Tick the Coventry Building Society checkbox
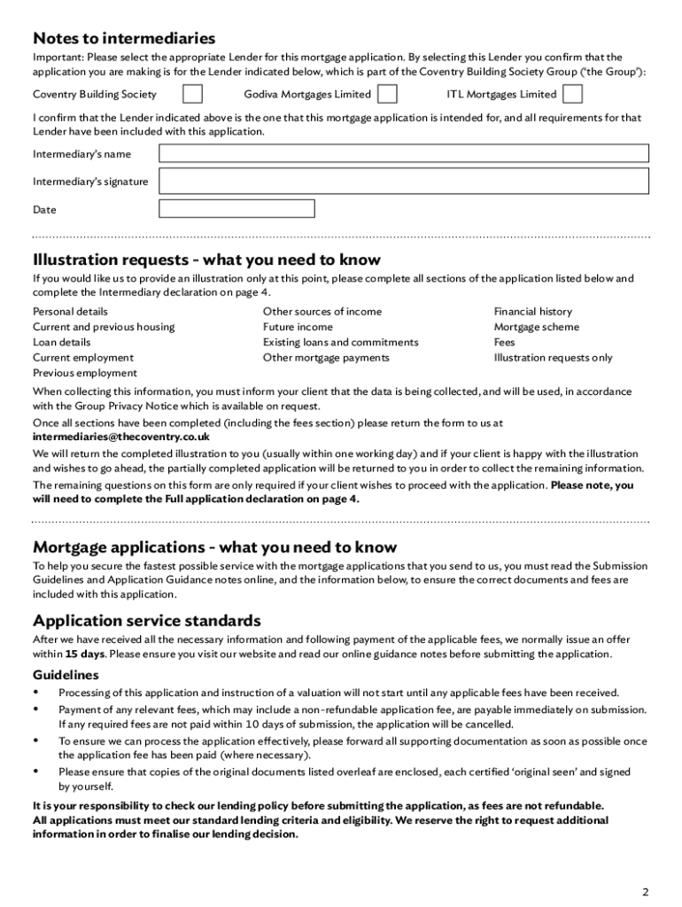point(192,95)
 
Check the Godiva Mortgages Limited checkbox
point(387,95)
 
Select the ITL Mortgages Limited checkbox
point(573,95)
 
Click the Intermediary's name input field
point(403,154)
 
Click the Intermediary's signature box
point(403,182)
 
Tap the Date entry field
point(236,209)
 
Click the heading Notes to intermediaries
point(124,38)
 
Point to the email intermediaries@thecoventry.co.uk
point(121,437)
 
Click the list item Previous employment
point(85,373)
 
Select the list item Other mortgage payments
point(326,358)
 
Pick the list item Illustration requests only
point(553,358)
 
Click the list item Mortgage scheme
point(537,327)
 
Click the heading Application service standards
point(147,620)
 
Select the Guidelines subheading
point(66,675)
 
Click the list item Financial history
point(533,312)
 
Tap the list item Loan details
point(61,342)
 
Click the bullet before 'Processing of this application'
point(36,692)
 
